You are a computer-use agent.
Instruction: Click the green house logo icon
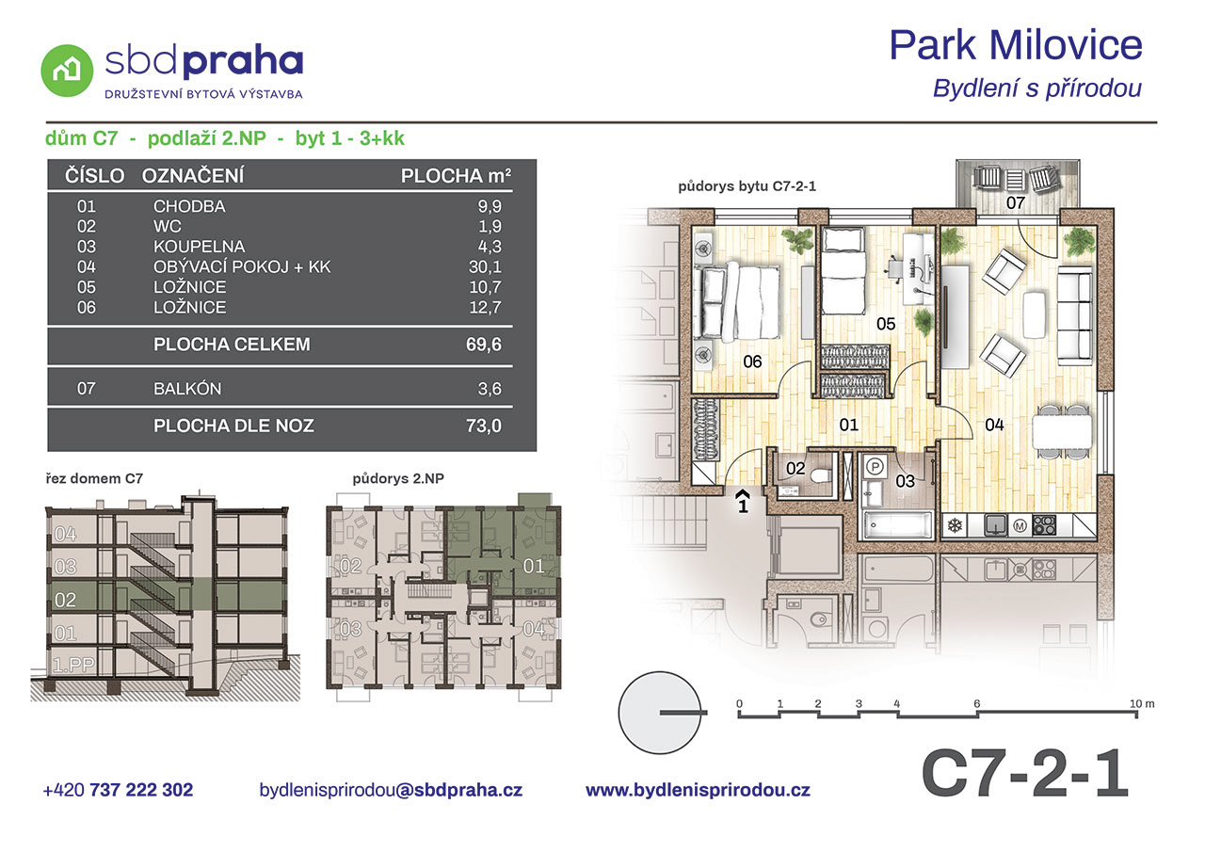67,71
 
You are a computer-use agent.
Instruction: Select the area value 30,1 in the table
485,266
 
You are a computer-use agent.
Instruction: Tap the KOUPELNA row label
199,247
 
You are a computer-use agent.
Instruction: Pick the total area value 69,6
484,345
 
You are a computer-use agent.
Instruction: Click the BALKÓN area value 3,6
490,389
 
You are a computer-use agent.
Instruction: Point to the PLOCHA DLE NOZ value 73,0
484,426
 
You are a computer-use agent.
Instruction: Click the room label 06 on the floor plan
752,362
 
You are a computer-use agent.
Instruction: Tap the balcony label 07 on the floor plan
1015,202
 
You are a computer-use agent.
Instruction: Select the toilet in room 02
820,474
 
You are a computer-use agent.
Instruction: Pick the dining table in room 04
1062,432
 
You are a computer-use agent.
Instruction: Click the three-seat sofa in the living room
1075,313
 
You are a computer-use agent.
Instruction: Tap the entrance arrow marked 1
743,500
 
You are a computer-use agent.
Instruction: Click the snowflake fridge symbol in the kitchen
955,525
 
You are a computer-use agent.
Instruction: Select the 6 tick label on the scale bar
977,703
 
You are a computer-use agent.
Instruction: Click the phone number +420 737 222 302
118,790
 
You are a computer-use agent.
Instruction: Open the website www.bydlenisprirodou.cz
698,790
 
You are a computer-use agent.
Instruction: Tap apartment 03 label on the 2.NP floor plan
350,628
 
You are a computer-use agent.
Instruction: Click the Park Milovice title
1016,45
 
